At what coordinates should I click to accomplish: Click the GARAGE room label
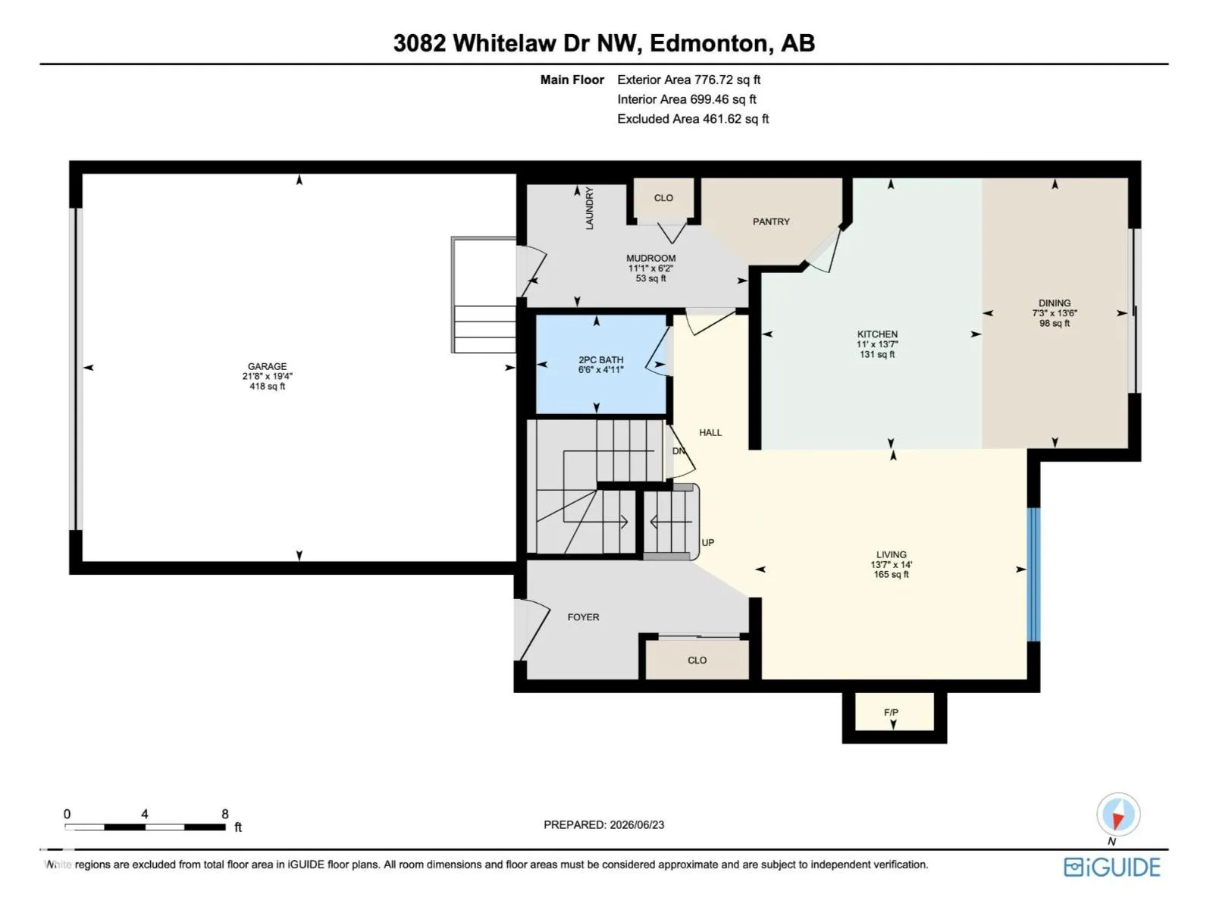[x=267, y=366]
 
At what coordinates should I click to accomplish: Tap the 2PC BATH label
[x=600, y=359]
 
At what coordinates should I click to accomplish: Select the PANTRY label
[x=771, y=221]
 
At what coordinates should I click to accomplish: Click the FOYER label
[x=583, y=617]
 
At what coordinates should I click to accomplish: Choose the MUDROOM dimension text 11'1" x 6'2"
[x=650, y=268]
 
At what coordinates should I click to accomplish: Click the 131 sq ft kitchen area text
[x=877, y=354]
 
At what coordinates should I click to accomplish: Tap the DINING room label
[x=1055, y=303]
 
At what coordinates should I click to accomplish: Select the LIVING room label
[x=891, y=554]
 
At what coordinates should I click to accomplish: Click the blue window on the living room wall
[x=1033, y=575]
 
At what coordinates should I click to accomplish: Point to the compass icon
[x=1118, y=814]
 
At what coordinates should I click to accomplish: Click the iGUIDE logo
[x=1112, y=867]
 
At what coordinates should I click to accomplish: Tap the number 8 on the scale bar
[x=225, y=814]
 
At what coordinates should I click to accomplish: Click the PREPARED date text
[x=604, y=825]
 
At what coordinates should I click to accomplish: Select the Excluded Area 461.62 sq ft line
[x=693, y=119]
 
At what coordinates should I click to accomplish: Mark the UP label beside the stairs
[x=707, y=542]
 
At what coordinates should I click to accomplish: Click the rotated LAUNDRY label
[x=589, y=208]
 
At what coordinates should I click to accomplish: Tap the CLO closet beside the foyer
[x=697, y=661]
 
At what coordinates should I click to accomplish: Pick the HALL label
[x=710, y=432]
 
